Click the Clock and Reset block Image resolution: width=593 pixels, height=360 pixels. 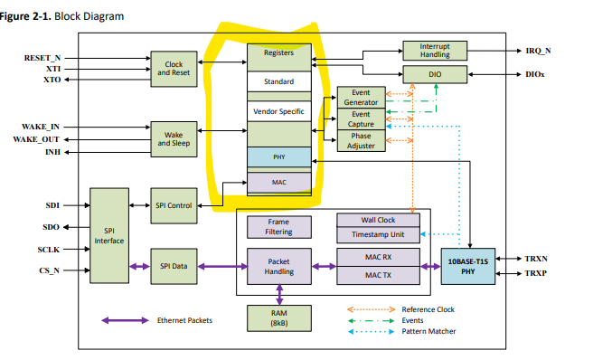point(174,69)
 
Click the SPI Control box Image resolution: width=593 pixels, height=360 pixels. point(174,206)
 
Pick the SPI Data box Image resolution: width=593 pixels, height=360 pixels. point(174,265)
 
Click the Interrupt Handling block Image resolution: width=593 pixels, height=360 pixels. point(436,51)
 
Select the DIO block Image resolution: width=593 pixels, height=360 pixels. point(436,74)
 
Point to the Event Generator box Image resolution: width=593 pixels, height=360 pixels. point(360,98)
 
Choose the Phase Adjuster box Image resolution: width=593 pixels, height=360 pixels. point(360,140)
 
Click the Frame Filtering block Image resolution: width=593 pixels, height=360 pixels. point(278,226)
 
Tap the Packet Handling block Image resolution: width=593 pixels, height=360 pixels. point(278,265)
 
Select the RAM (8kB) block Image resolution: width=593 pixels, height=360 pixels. point(278,317)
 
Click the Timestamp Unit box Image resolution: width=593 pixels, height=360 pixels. point(378,234)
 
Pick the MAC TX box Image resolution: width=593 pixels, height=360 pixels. point(378,274)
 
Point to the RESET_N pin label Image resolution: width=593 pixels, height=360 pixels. point(42,58)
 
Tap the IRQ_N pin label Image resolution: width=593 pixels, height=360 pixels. point(541,52)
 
